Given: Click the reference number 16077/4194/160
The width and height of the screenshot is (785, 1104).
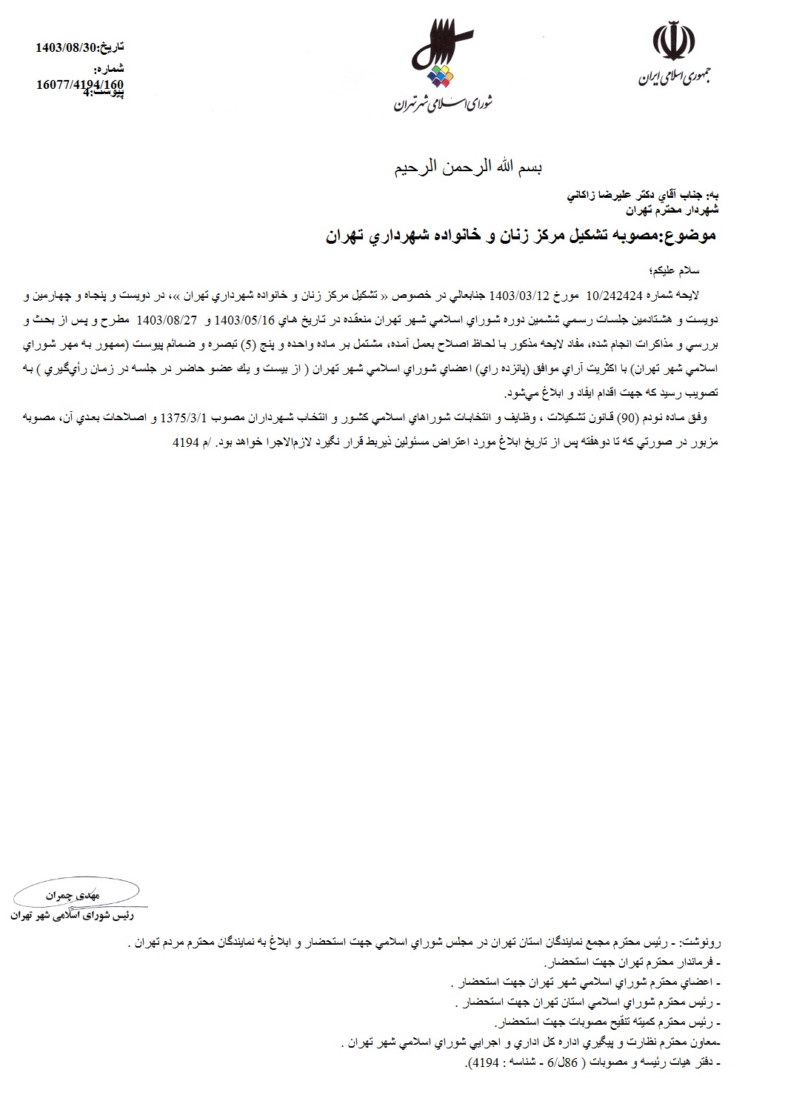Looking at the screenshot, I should point(80,84).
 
